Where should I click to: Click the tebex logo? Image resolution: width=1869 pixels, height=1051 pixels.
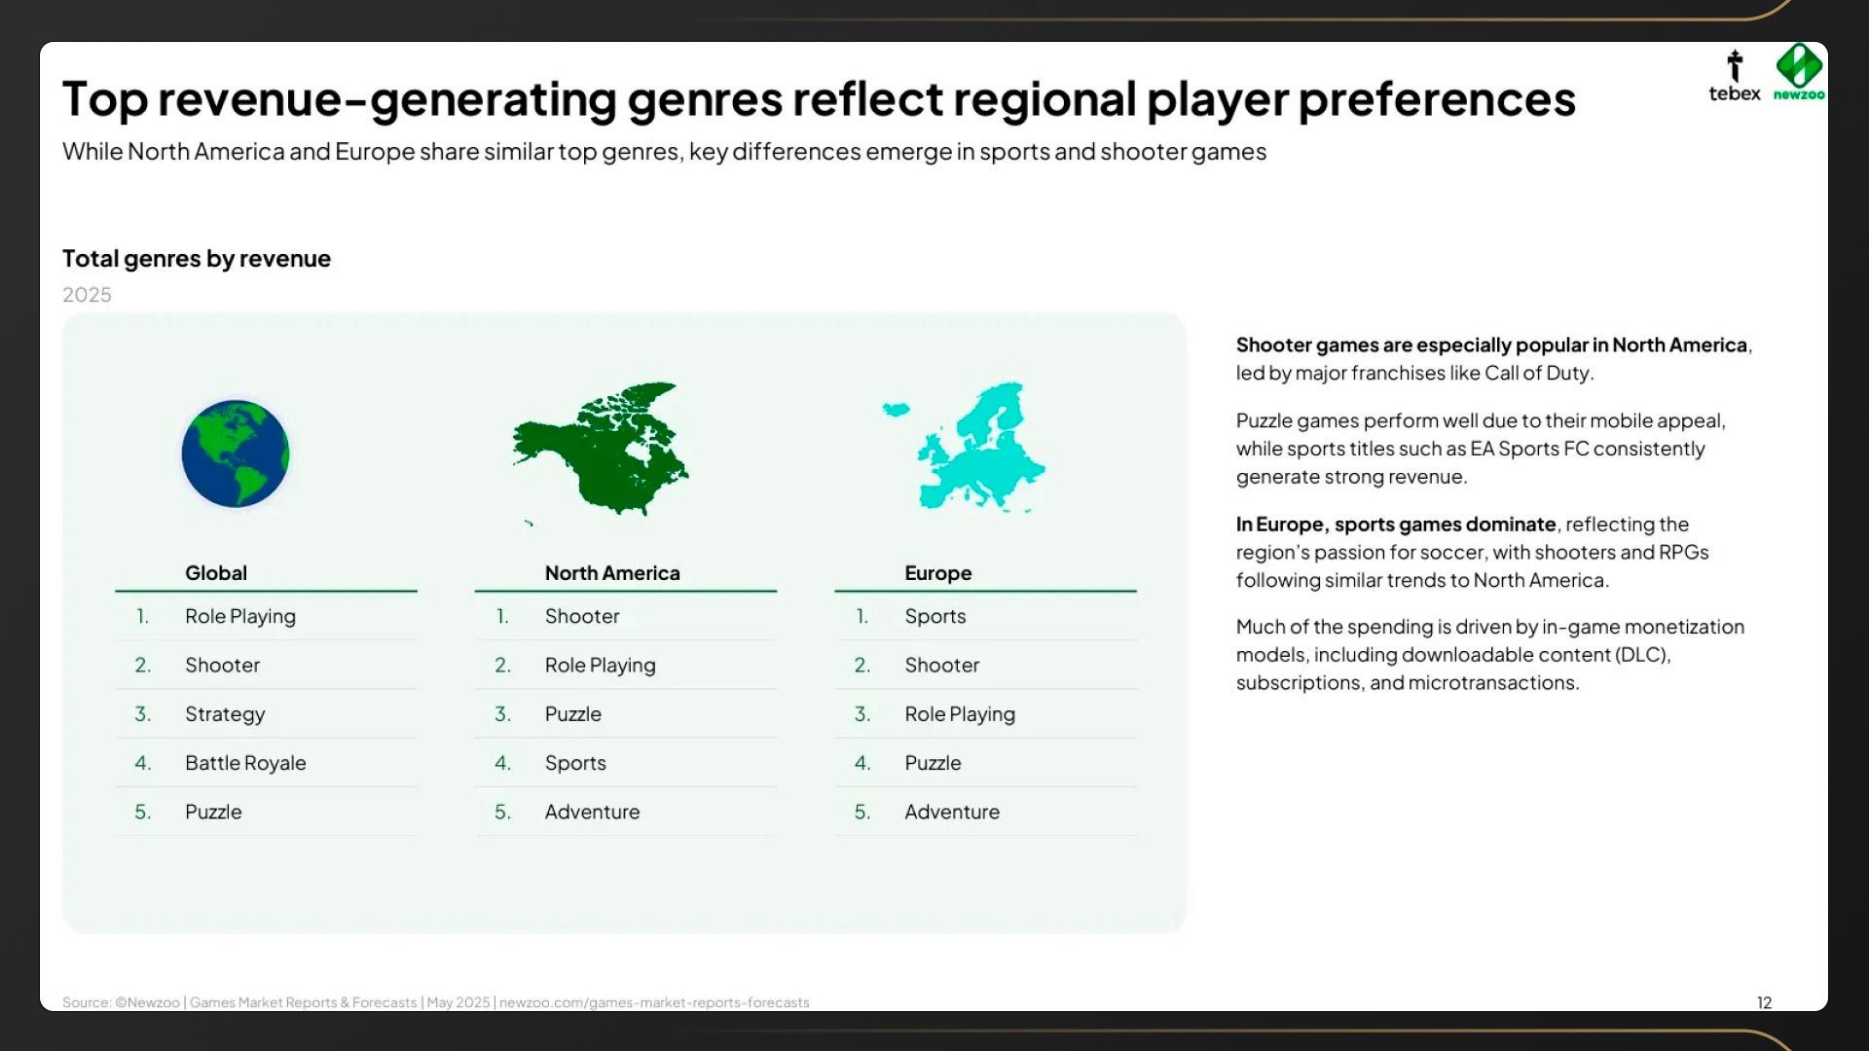coord(1735,76)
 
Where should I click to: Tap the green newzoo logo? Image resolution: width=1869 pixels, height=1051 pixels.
coord(1799,72)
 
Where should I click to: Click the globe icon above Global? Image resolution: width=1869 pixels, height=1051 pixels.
coord(236,453)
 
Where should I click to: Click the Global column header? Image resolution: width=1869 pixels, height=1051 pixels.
coord(216,573)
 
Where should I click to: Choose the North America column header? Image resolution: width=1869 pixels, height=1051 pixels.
coord(612,573)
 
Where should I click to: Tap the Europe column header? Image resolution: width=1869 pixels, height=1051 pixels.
coord(938,573)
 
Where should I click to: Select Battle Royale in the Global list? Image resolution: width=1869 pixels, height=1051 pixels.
coord(245,763)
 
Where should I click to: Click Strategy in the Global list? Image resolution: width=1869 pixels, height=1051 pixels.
coord(225,714)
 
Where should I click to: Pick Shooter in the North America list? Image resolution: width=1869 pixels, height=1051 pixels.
coord(582,616)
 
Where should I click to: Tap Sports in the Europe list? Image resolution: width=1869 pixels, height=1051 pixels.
coord(935,616)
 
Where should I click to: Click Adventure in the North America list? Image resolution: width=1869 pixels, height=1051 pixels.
coord(592,812)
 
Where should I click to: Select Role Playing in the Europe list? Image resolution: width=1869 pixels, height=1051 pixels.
coord(960,714)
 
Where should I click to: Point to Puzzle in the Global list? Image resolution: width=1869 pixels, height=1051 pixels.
coord(213,812)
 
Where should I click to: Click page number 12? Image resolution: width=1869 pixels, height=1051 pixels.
coord(1764,1002)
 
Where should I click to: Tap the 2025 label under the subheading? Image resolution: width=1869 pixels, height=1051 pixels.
coord(87,295)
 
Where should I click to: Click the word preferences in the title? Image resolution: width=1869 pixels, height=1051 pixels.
coord(1437,98)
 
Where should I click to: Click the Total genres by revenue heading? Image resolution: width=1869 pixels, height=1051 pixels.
coord(197,259)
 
